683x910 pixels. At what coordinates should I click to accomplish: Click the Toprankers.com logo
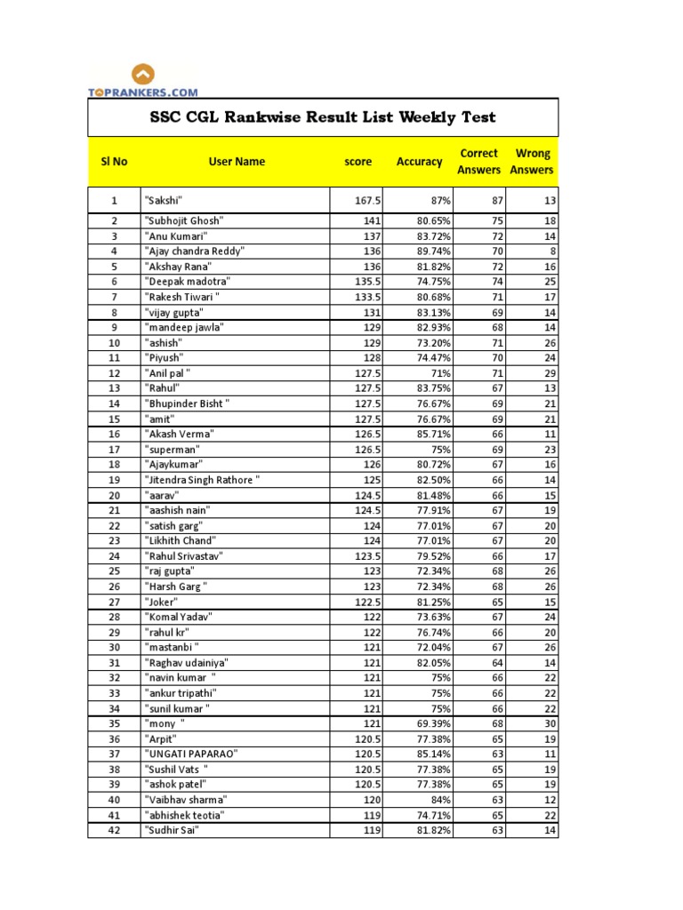point(143,80)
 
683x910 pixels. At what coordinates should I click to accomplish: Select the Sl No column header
point(114,162)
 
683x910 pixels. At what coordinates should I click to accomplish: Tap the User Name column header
point(237,162)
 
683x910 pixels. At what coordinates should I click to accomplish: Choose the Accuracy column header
point(419,162)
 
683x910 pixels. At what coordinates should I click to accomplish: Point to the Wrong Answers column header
point(533,162)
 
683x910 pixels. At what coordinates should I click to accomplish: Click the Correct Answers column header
point(478,162)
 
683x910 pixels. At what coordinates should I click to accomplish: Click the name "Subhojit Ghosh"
point(184,220)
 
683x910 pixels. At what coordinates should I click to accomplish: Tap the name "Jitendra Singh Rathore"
point(202,480)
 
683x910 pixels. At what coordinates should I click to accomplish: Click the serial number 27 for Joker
point(114,602)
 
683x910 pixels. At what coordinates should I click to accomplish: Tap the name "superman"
point(173,450)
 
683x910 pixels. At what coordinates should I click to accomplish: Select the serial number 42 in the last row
point(114,830)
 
